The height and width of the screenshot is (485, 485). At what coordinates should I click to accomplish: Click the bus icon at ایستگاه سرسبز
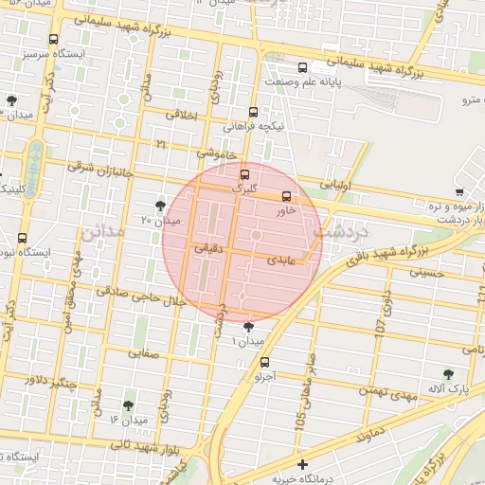tap(53, 40)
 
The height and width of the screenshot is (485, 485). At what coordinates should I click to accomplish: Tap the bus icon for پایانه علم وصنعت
tap(302, 67)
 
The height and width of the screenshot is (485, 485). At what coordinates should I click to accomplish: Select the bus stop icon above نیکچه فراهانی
tap(253, 112)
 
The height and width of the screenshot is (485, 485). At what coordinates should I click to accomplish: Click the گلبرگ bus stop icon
tap(245, 174)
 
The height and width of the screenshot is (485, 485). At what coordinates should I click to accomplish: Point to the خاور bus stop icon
tap(287, 197)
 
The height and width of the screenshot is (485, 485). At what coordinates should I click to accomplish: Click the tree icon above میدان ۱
tap(249, 327)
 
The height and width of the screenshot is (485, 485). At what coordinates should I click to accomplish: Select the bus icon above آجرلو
tap(264, 361)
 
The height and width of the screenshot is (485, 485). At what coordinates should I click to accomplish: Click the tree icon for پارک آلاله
tap(448, 375)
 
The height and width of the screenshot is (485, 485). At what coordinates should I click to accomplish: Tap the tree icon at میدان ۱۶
tap(128, 405)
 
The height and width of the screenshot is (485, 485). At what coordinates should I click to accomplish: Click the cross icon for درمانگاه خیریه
tap(302, 464)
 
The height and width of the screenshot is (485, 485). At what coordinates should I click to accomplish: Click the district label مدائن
tap(102, 233)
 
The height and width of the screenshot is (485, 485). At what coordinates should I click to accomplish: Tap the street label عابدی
tap(282, 258)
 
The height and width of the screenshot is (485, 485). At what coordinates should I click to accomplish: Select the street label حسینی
tap(425, 272)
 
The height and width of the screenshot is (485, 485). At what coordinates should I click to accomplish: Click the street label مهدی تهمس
tap(388, 392)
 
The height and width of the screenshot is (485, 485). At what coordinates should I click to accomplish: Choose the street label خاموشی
tap(215, 152)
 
